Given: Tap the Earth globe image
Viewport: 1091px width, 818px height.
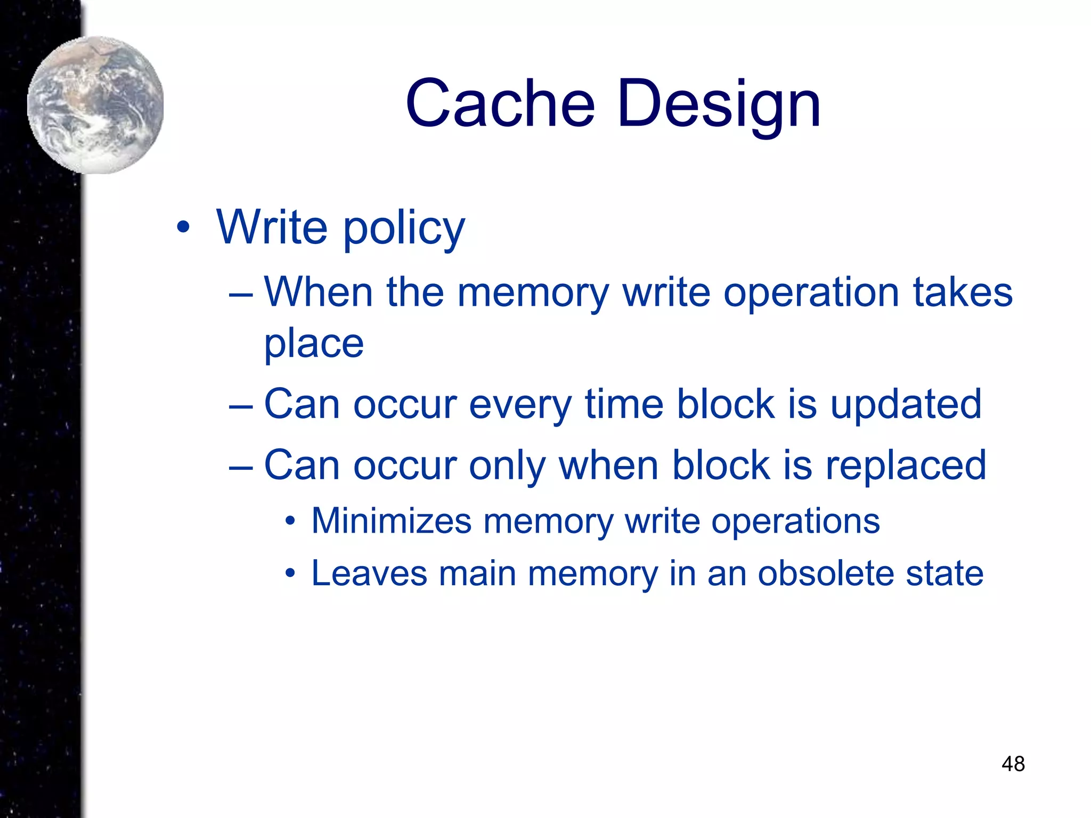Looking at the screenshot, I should [x=95, y=105].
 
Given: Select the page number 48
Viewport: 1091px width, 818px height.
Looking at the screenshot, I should [x=1013, y=764].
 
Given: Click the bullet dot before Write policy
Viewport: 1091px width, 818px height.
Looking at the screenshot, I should [x=183, y=228].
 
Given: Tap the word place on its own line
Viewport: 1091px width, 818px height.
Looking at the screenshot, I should [x=314, y=343].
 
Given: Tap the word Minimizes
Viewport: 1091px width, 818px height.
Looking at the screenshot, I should [x=392, y=520].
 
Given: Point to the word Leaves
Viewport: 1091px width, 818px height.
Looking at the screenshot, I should [x=369, y=574].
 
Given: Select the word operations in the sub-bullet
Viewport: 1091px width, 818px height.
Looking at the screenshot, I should [x=795, y=521].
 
